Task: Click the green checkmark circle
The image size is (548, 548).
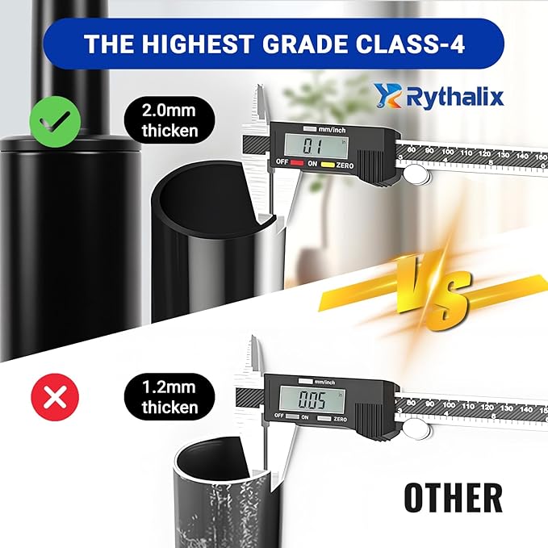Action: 55,121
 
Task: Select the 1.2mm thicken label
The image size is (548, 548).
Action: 169,396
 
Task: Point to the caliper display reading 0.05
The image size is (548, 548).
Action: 312,399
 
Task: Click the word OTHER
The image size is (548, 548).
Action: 453,496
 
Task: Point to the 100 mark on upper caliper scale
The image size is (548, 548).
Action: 448,151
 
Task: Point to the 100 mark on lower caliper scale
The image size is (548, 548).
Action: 449,405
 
